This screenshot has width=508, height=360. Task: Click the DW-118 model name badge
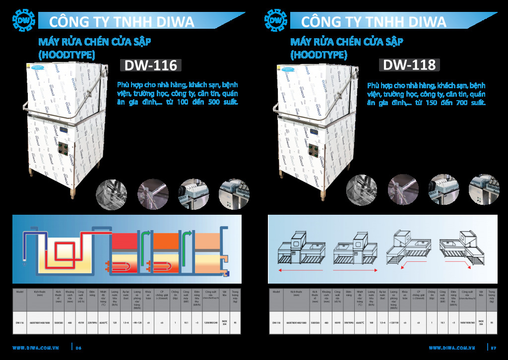(409, 65)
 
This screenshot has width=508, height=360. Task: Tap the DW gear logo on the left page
(23, 20)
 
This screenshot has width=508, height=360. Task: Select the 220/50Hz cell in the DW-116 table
(92, 322)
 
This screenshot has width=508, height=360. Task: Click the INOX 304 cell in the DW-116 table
(224, 322)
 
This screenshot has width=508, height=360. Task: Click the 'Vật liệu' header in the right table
(481, 293)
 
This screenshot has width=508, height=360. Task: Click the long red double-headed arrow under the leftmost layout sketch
(301, 271)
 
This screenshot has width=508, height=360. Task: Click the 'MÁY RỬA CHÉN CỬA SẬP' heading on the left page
(95, 41)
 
